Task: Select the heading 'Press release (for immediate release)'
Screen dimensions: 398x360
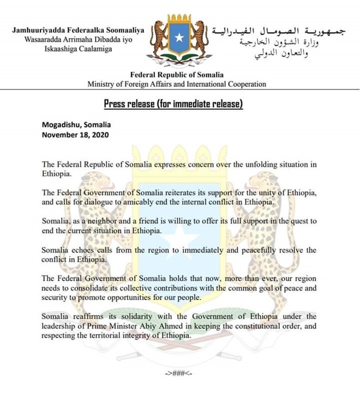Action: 173,104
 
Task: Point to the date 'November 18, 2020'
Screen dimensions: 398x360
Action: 75,134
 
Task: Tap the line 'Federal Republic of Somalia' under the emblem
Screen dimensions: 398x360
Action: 176,75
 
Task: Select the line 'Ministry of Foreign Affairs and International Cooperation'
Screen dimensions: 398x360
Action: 177,84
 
